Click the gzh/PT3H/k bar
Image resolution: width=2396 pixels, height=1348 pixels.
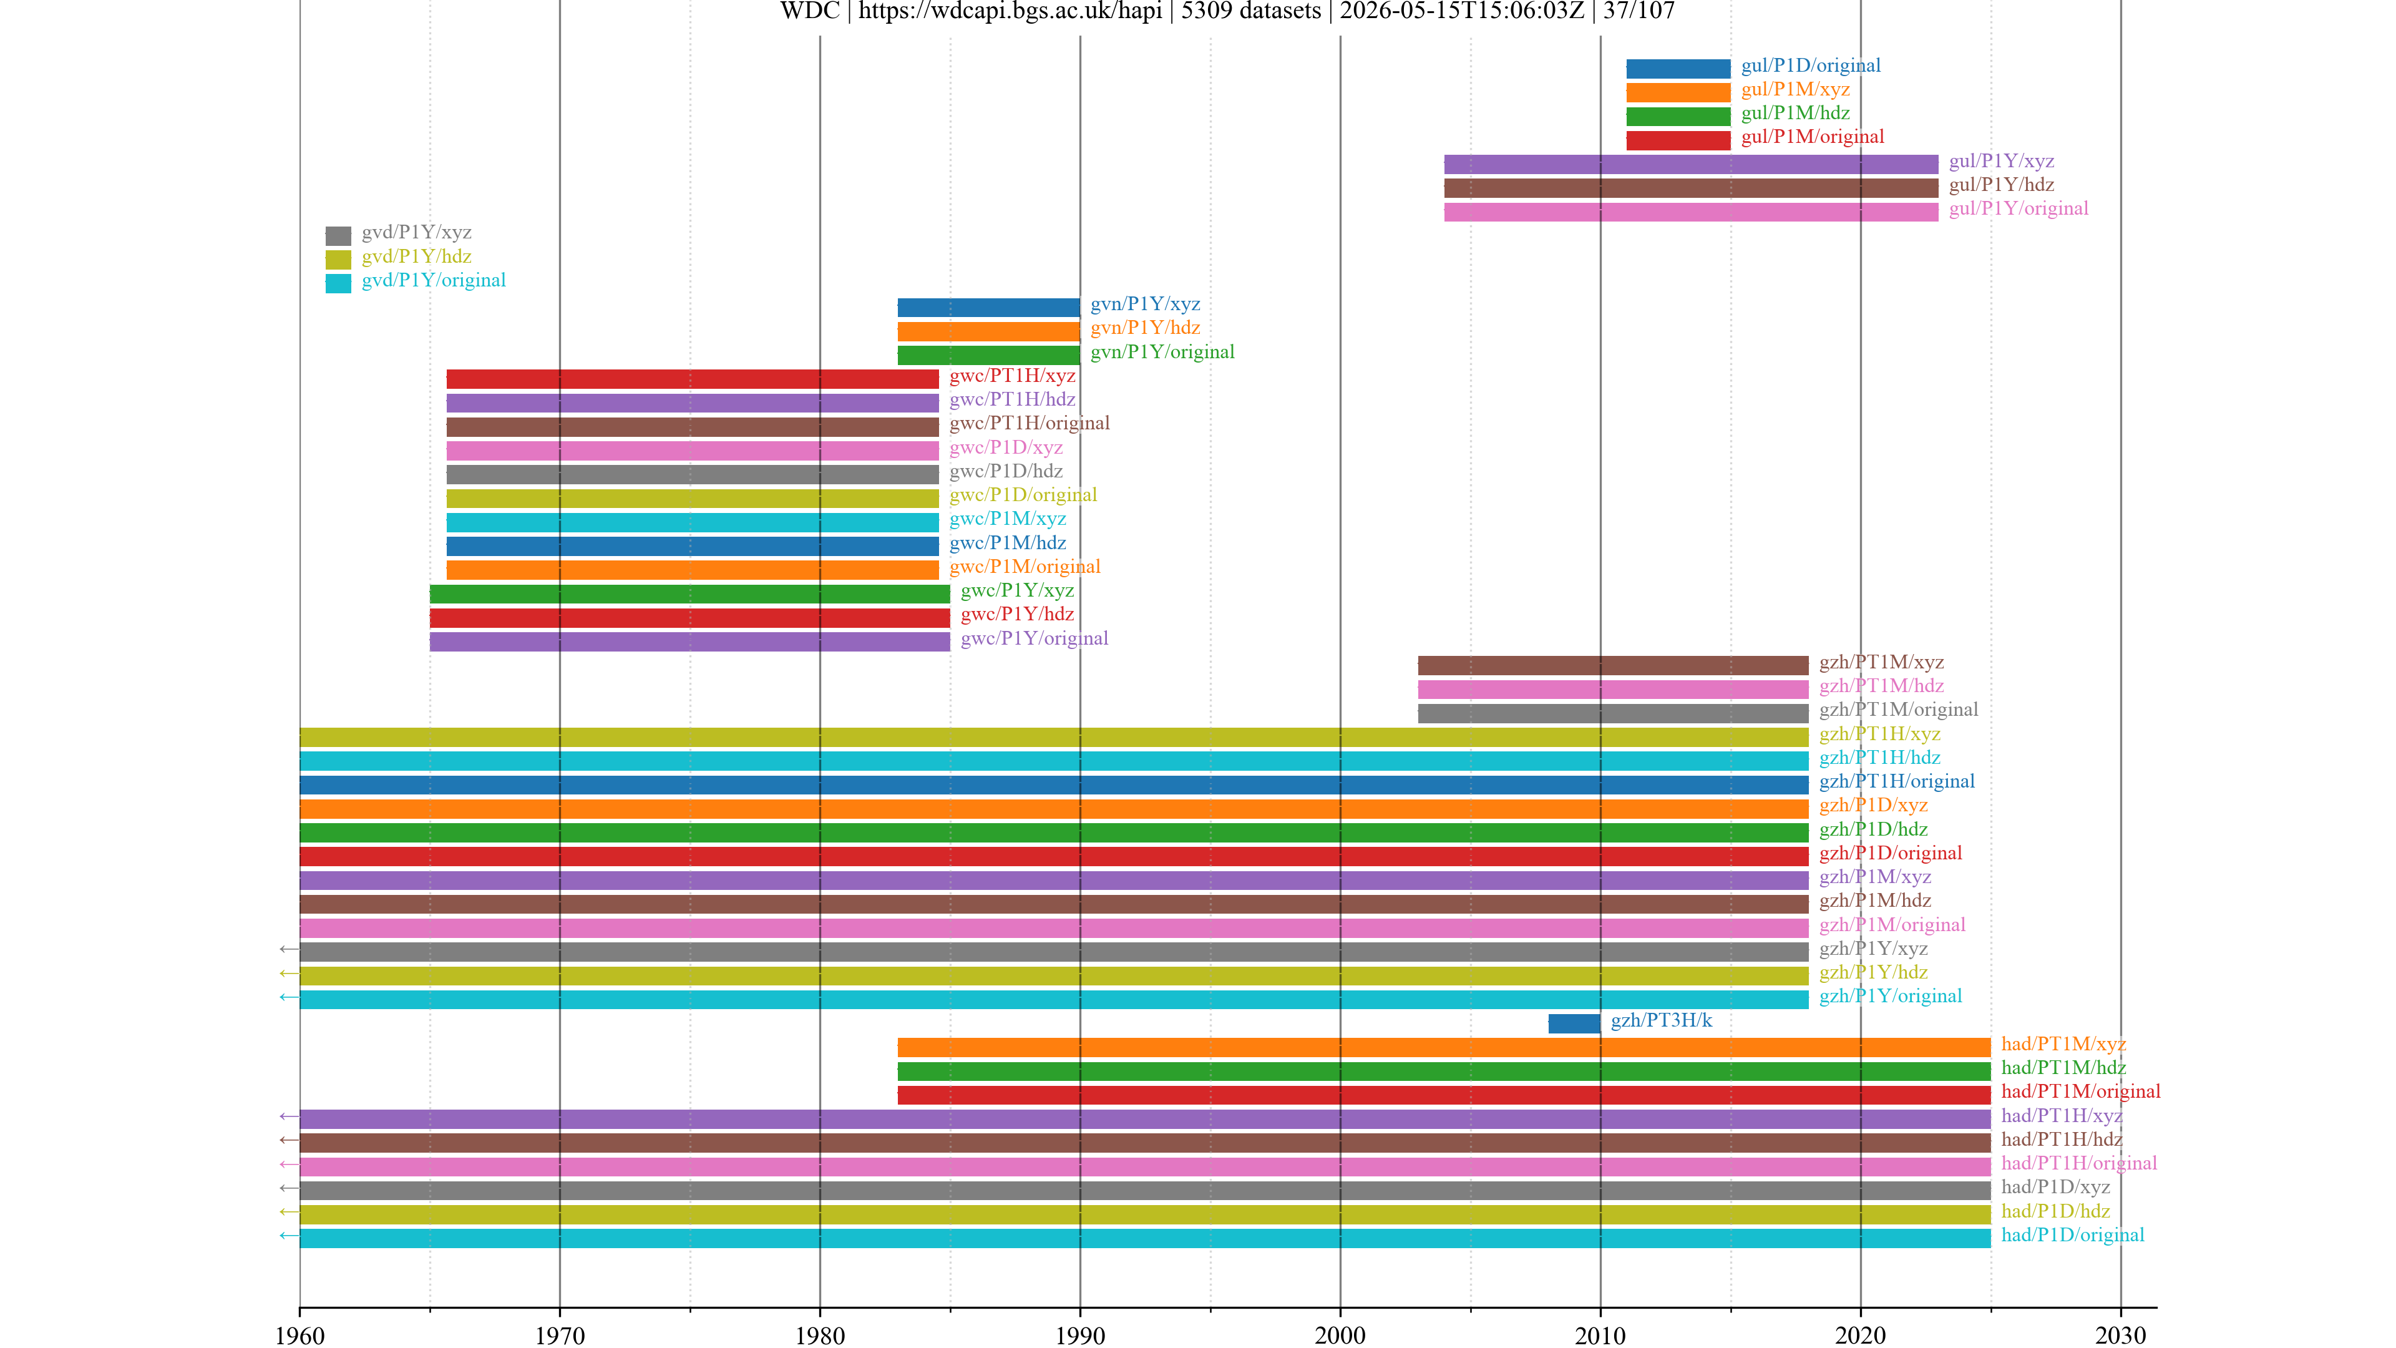(x=1574, y=1023)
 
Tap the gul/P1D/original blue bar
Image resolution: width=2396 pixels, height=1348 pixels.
(x=1678, y=69)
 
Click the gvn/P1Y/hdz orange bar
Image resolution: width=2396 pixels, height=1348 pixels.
(x=989, y=331)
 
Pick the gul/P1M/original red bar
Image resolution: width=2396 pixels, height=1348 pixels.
(x=1678, y=140)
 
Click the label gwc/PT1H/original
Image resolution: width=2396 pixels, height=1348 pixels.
(x=1030, y=423)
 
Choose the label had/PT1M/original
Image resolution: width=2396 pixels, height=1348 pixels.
(x=2081, y=1092)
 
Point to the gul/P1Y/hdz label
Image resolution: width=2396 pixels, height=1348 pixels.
(x=2002, y=185)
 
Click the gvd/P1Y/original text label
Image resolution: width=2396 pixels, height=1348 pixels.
(x=434, y=280)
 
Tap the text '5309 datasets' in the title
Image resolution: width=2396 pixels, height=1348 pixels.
(x=1251, y=11)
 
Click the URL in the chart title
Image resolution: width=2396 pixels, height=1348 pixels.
(x=1010, y=11)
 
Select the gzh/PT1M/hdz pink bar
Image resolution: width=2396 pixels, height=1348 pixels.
(x=1613, y=690)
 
